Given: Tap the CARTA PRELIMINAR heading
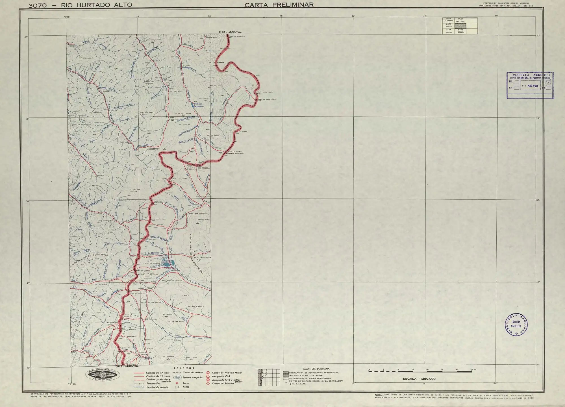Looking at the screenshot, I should [x=279, y=5].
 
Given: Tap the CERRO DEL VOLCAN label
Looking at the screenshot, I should [x=135, y=190].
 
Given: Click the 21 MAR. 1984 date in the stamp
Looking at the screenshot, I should [x=530, y=86].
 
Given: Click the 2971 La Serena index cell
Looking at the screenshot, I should [x=448, y=20].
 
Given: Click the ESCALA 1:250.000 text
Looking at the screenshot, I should [x=419, y=379].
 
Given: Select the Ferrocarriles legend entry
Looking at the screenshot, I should [x=153, y=384].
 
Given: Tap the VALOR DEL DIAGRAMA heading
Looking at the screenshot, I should [x=316, y=369].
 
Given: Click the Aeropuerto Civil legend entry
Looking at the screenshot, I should [x=221, y=376].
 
